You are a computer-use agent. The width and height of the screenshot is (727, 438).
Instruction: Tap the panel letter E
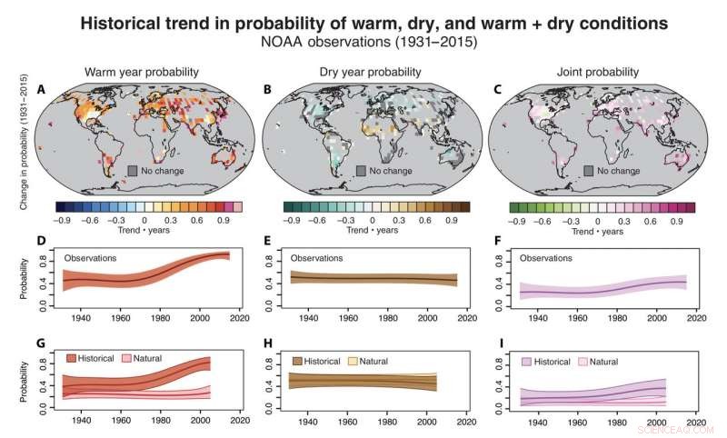pyautogui.click(x=269, y=244)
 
